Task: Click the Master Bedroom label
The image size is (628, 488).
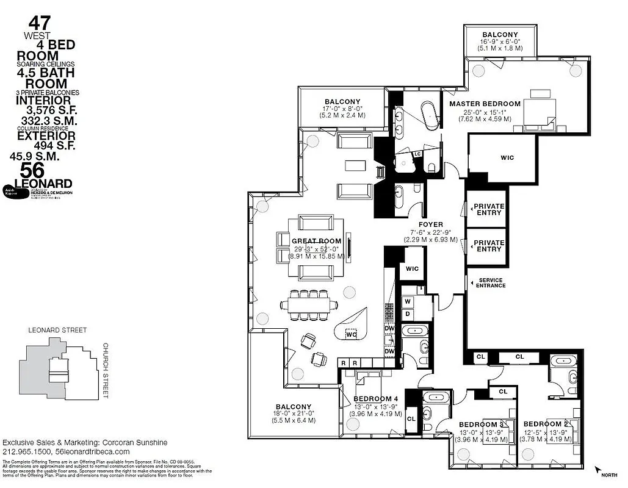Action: coord(485,104)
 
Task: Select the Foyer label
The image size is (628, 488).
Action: coord(431,224)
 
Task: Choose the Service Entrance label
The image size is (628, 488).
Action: coord(491,282)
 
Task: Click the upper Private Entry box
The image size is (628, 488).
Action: coord(489,209)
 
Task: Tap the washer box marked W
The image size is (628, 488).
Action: coord(408,301)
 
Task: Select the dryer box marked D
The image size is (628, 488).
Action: coord(408,314)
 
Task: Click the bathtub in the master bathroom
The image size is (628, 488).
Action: coord(431,116)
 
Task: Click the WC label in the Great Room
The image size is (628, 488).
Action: coord(351,334)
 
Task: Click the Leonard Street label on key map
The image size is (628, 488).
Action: coord(57,330)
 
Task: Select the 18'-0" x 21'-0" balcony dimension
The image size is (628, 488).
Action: coord(293,414)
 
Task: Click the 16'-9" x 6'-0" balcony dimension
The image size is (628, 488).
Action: coord(500,42)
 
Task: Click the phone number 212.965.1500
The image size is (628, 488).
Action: coord(26,452)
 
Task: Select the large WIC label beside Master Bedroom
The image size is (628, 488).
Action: coord(507,157)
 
